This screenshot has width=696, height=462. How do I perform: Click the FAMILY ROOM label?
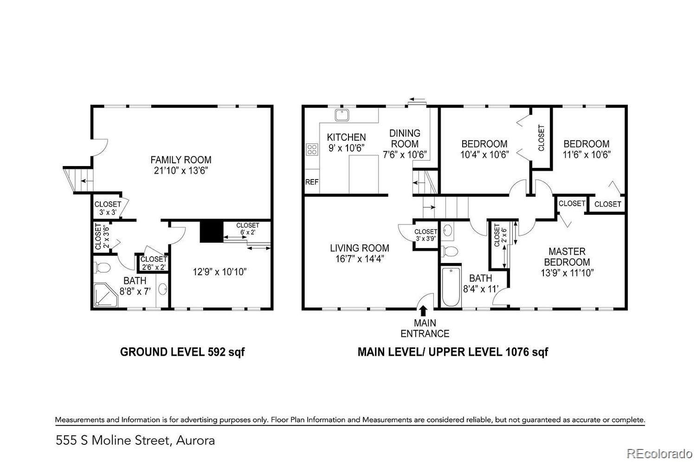click(181, 160)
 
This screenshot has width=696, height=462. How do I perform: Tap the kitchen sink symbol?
click(342, 115)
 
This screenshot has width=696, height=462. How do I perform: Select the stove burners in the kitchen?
click(312, 149)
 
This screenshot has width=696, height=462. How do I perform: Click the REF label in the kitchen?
click(312, 182)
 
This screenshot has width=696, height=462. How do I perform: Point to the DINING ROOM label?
click(405, 139)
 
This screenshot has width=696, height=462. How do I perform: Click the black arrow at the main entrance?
click(423, 311)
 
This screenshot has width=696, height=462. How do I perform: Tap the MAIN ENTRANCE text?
click(425, 328)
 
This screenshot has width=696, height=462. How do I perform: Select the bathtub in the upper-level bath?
click(451, 287)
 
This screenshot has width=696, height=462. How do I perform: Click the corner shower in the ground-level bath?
click(106, 295)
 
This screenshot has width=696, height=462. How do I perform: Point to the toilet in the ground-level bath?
click(103, 268)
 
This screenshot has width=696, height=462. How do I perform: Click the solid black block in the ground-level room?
click(212, 231)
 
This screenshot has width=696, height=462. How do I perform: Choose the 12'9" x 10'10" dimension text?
click(219, 272)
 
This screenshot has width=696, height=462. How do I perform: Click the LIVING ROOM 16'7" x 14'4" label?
click(360, 253)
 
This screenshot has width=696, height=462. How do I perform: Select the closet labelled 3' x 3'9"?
click(425, 235)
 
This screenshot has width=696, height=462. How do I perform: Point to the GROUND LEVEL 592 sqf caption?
click(182, 352)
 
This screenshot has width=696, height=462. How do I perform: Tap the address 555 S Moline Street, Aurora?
click(135, 441)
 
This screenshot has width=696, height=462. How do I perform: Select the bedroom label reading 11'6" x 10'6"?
click(586, 154)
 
